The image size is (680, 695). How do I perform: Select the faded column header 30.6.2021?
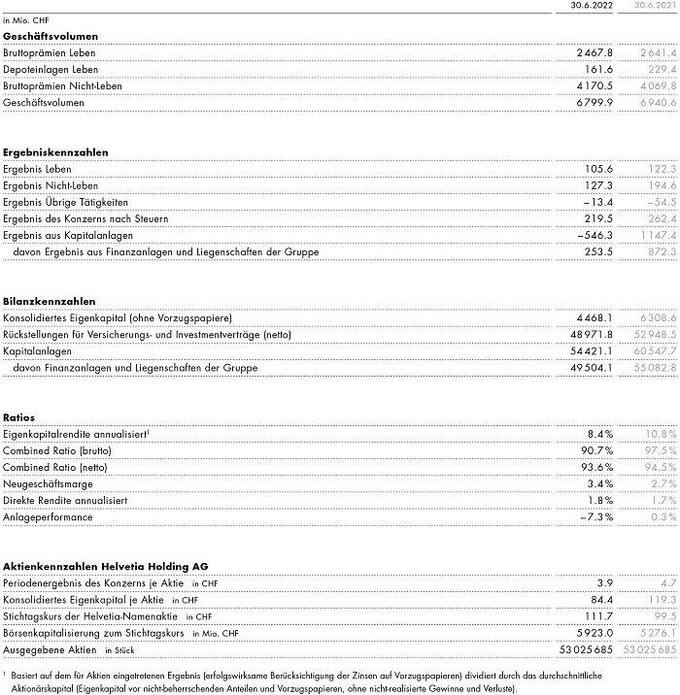coord(653,6)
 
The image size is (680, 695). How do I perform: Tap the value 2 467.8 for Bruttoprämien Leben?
coord(594,52)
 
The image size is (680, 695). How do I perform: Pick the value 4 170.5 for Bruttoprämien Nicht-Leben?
coord(594,85)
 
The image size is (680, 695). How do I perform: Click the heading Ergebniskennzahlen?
coord(54,152)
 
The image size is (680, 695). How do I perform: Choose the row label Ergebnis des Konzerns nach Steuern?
coord(85,218)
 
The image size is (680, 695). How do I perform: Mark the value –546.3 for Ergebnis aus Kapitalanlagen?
coord(594,235)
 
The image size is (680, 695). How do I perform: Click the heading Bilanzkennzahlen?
coord(49,302)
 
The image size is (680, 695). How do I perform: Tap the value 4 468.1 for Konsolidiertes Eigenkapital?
coord(594,318)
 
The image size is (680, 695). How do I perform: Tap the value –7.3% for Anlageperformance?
coord(596,517)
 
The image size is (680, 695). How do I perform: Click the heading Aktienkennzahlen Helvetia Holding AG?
coord(105,566)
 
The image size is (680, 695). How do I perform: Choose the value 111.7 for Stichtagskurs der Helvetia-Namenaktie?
coord(598,616)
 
